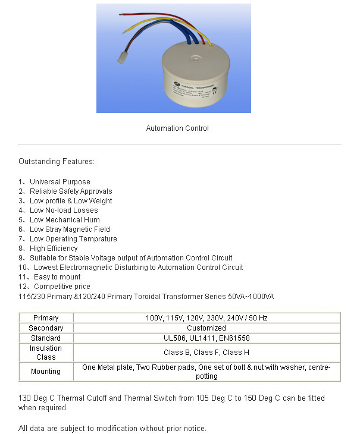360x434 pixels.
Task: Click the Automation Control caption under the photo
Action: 177,128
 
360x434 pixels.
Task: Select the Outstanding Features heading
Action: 57,161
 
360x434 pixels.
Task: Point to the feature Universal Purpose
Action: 60,182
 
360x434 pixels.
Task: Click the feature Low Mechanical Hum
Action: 65,220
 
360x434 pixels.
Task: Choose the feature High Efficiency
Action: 54,249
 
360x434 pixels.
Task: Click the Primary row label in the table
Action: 46,318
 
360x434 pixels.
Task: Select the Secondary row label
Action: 46,328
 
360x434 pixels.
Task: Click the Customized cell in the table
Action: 206,328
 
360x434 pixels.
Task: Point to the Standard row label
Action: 46,338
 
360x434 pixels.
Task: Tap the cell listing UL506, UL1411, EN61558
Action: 206,338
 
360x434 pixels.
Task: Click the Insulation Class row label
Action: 46,353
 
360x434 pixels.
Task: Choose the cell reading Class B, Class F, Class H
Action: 206,353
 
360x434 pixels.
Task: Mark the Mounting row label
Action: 46,372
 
